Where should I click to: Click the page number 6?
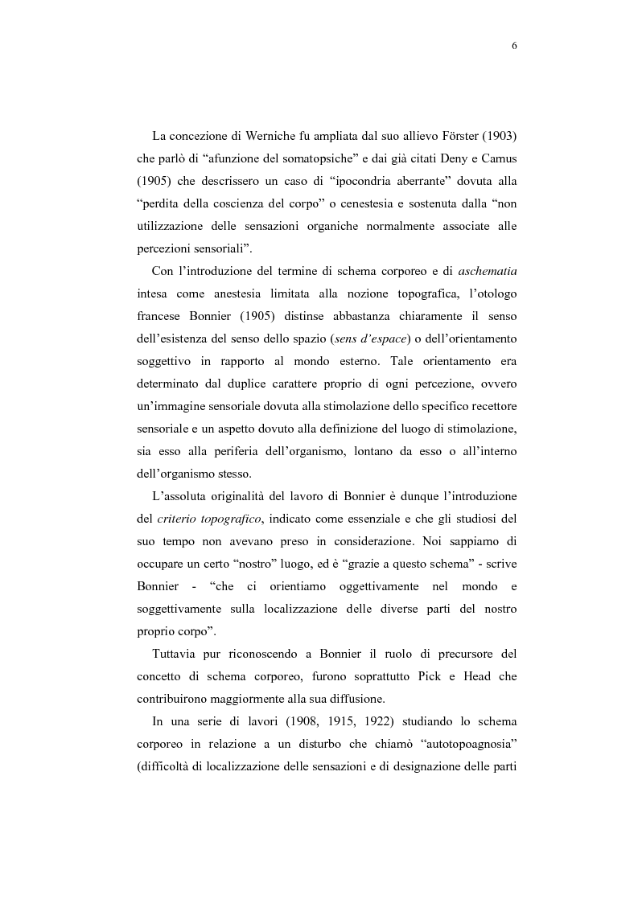[x=513, y=46]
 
